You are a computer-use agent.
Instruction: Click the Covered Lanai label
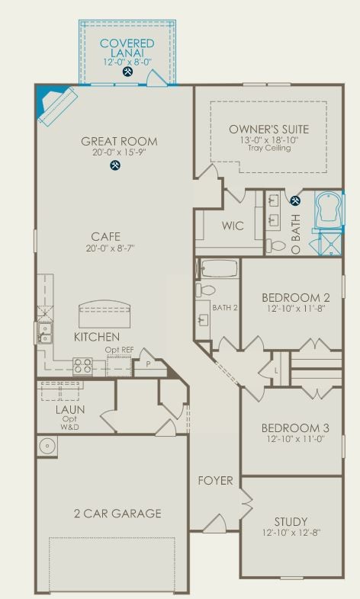127,48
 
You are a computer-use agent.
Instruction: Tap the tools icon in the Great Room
115,165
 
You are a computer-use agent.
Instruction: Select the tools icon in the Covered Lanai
127,72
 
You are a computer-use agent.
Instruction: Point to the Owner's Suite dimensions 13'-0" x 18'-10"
269,139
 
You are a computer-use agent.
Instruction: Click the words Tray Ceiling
269,148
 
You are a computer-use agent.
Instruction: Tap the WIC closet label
233,226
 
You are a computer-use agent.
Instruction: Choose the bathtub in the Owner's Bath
329,210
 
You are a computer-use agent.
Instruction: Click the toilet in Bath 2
206,290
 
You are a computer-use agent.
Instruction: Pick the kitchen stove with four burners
83,367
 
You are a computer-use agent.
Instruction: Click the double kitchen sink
45,333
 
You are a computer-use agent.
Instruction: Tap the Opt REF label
119,350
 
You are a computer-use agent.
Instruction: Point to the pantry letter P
148,364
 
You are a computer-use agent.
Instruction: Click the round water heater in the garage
48,445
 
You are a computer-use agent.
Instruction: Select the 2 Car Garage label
117,514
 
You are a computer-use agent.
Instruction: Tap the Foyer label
216,481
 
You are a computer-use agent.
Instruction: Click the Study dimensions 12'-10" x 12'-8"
291,532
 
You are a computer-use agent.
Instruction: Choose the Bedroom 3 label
295,428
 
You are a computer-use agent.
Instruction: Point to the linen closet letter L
276,371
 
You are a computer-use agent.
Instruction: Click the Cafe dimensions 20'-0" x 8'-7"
111,248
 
